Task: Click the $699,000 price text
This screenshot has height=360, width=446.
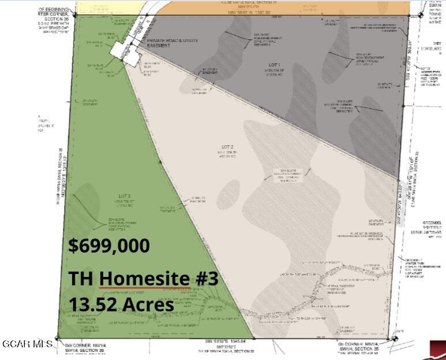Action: (109, 245)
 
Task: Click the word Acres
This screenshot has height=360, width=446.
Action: (149, 304)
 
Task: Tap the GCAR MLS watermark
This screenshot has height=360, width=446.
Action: (27, 344)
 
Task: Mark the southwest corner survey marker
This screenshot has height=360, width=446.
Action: (57, 338)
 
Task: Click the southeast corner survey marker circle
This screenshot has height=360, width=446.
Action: (393, 338)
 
